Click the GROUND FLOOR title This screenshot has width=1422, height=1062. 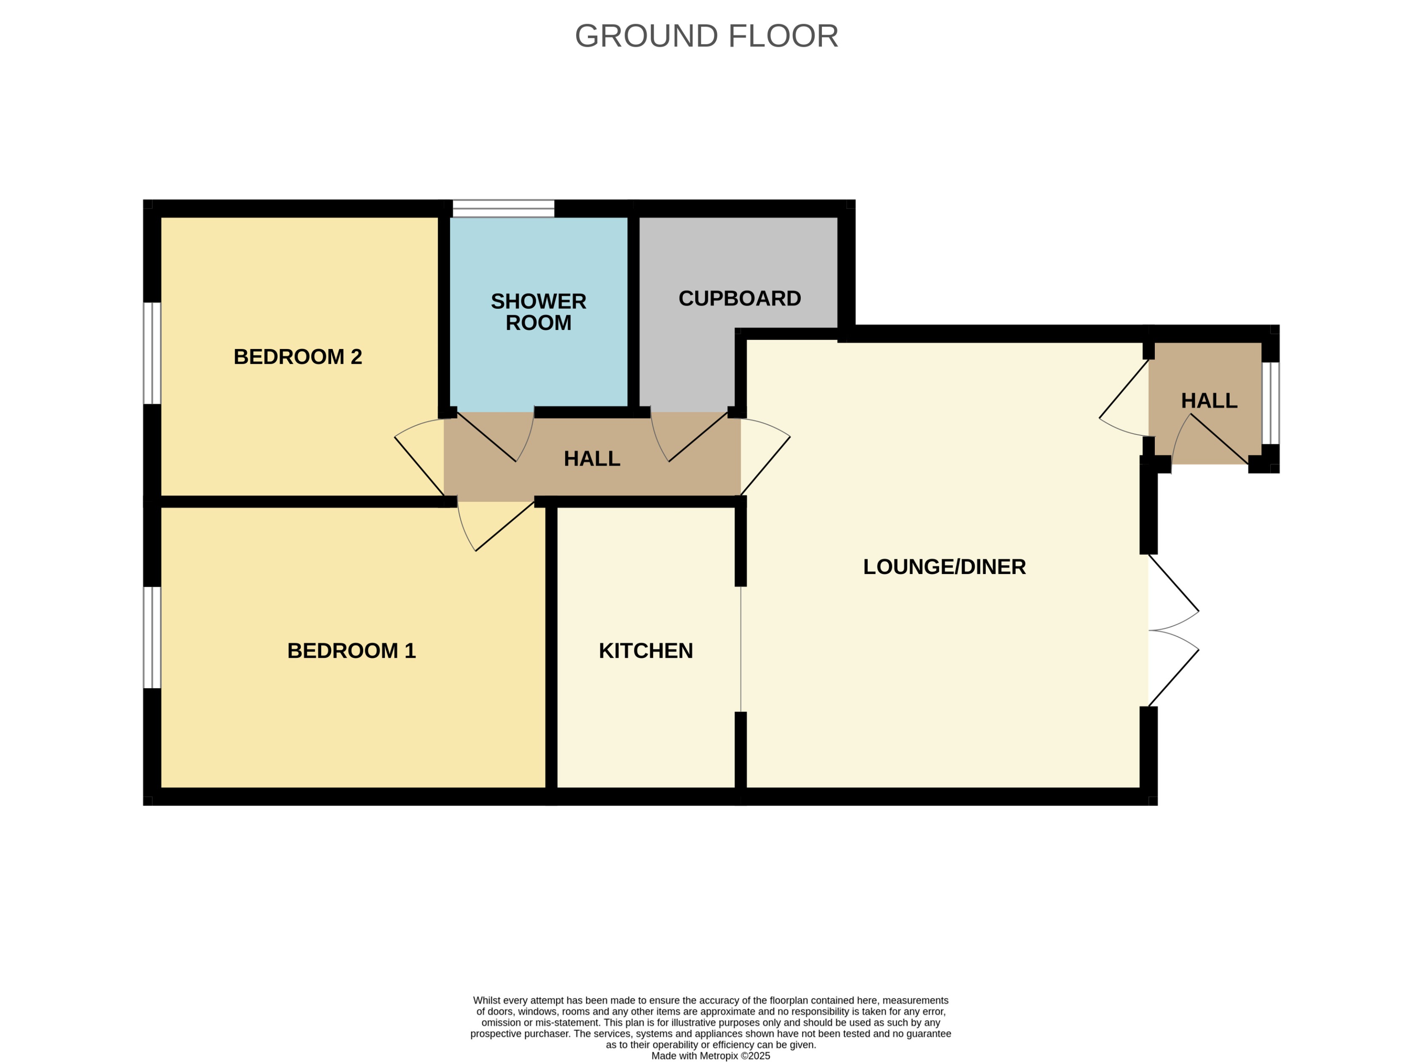click(706, 36)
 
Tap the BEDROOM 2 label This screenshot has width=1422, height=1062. click(298, 357)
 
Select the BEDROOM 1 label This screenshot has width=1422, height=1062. click(351, 651)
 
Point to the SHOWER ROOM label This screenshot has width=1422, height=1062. click(538, 312)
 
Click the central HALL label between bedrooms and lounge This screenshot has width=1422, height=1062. click(591, 459)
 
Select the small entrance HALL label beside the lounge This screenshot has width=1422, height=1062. click(1209, 400)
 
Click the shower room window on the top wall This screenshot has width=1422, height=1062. click(503, 208)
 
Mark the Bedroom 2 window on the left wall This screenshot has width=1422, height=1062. click(152, 353)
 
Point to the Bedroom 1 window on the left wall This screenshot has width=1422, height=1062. click(152, 637)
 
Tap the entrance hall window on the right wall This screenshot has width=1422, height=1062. click(1270, 403)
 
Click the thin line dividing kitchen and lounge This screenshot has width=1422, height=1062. click(741, 649)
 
